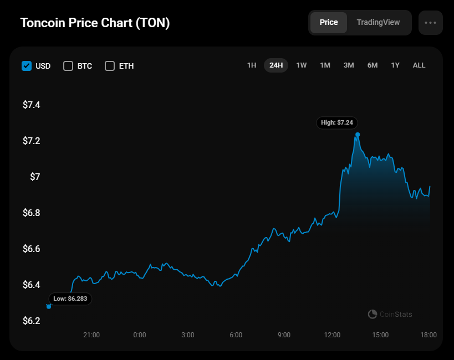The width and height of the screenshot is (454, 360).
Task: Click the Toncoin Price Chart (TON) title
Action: click(95, 23)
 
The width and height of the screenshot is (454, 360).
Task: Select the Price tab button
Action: click(329, 23)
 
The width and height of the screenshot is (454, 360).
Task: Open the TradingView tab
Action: click(378, 23)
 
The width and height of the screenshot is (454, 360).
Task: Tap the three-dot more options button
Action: click(431, 23)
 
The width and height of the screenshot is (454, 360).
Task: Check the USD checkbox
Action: click(27, 66)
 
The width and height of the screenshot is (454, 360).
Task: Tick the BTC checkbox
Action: click(68, 66)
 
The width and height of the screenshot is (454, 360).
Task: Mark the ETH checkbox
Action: click(110, 66)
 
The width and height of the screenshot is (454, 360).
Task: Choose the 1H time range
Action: click(252, 65)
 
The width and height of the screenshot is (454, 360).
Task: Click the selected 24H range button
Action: click(276, 65)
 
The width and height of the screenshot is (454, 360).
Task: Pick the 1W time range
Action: click(302, 65)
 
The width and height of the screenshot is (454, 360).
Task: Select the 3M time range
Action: click(349, 65)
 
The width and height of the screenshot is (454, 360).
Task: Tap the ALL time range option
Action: click(419, 65)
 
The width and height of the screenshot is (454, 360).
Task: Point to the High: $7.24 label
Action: click(337, 122)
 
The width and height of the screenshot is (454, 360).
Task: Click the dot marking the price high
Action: click(358, 135)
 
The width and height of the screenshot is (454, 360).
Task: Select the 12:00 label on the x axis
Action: click(332, 335)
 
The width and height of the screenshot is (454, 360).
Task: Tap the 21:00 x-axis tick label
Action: click(91, 335)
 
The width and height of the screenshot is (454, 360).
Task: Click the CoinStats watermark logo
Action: click(373, 315)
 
